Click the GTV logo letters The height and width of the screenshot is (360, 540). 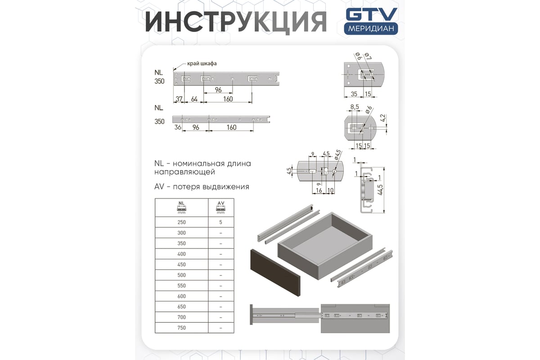372,14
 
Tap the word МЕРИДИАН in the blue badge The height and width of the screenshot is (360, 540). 371,29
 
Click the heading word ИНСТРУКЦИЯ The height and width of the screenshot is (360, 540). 236,22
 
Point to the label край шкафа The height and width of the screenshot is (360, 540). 202,63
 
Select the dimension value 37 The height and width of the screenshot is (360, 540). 179,99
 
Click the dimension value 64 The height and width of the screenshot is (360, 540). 194,99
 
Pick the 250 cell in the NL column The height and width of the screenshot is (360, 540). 181,222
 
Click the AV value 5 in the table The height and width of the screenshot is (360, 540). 220,222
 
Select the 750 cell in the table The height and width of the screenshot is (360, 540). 181,328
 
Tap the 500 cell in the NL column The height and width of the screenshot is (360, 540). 181,275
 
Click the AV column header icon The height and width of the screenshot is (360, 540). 220,207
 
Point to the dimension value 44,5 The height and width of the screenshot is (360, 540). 380,190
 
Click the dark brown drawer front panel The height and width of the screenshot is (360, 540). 275,272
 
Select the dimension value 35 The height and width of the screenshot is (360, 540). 354,94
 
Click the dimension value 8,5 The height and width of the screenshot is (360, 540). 355,107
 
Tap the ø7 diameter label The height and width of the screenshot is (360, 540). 368,56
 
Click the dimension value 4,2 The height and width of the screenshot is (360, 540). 383,118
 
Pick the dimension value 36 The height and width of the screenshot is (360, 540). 178,127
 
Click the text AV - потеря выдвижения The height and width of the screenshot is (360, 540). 202,187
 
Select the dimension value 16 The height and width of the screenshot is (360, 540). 319,190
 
